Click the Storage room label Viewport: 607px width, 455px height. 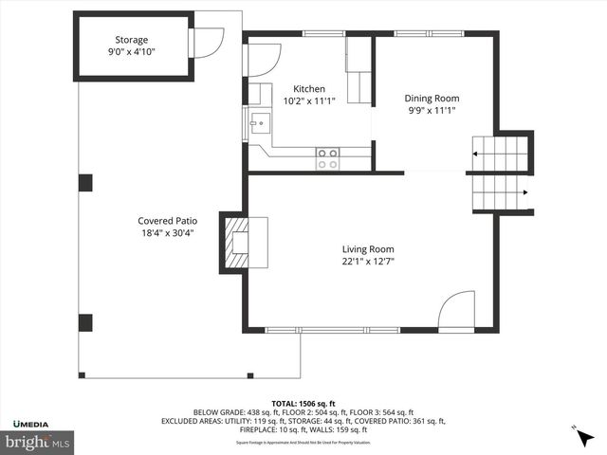(x=132, y=40)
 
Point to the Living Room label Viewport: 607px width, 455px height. (x=368, y=249)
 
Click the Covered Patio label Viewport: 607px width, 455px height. (x=166, y=220)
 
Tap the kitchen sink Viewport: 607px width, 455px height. (x=259, y=123)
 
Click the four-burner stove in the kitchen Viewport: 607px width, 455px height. (x=327, y=158)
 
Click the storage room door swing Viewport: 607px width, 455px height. (x=207, y=43)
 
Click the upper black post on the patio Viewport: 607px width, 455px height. (x=85, y=183)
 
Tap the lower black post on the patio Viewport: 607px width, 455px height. (x=85, y=322)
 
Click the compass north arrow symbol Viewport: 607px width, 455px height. (x=584, y=437)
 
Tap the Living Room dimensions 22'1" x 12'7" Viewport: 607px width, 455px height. (x=368, y=262)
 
